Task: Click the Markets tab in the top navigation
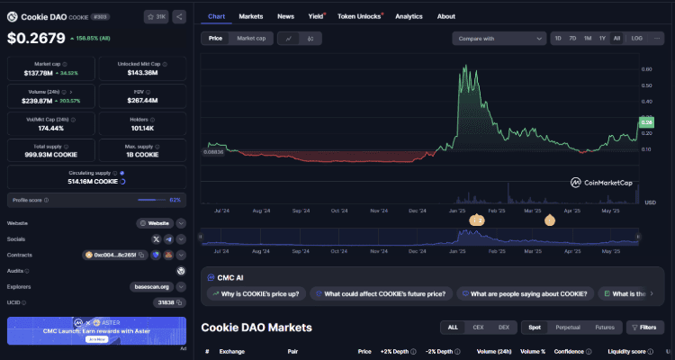point(251,16)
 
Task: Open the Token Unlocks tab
point(358,16)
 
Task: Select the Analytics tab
point(409,16)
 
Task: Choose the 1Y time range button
point(601,38)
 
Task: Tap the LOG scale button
point(636,38)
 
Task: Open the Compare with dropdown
point(499,38)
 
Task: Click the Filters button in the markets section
point(645,328)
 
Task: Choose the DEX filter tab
point(503,328)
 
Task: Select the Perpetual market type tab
point(569,328)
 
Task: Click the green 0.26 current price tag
point(646,121)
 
